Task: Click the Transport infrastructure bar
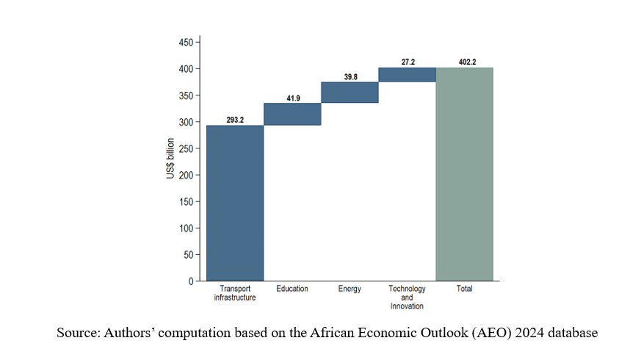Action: (235, 203)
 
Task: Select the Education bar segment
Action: (292, 114)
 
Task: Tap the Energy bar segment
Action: (350, 92)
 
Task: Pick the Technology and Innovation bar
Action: (407, 74)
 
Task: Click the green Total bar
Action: (464, 174)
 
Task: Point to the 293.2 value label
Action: (235, 120)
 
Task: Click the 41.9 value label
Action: (293, 97)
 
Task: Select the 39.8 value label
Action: (350, 76)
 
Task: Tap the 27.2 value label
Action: (408, 62)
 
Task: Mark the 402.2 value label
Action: (465, 62)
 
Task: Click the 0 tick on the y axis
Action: (191, 281)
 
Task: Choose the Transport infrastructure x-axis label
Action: (235, 293)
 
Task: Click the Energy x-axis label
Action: (350, 289)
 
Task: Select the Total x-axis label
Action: (464, 289)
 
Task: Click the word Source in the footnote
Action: (77, 333)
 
